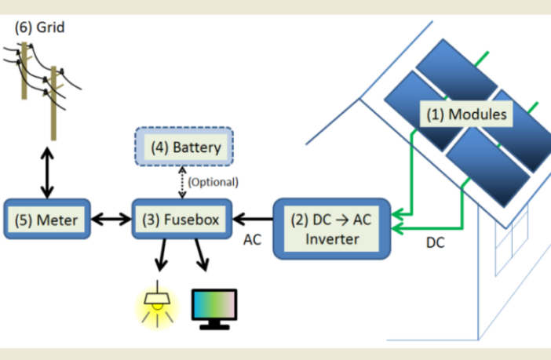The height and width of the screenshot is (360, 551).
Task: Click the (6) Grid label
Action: pos(39,27)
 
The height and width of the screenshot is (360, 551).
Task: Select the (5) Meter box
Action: pos(47,220)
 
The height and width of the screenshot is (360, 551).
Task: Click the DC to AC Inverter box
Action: pos(330,228)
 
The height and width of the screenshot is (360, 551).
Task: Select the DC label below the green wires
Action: pos(435,243)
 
